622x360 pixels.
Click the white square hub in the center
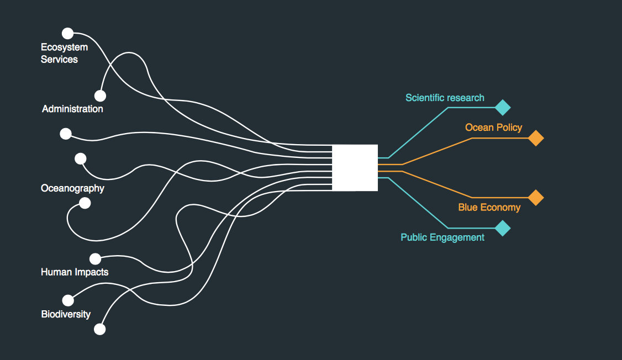[355, 168]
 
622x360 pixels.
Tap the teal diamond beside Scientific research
[503, 108]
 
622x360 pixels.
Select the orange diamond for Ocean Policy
[536, 138]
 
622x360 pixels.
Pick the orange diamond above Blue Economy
[536, 198]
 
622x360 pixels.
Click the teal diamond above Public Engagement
[503, 228]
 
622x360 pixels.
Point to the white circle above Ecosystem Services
[68, 33]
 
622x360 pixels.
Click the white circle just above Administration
[101, 96]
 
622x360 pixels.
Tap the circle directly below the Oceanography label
[85, 203]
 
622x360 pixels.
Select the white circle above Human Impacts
[95, 259]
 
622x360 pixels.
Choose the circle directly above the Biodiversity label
[68, 300]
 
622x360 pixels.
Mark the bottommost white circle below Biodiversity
[100, 329]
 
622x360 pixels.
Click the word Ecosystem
[64, 47]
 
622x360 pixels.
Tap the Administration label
[72, 109]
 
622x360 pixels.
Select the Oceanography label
[72, 188]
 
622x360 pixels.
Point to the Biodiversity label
[66, 314]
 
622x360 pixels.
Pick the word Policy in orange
[509, 128]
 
